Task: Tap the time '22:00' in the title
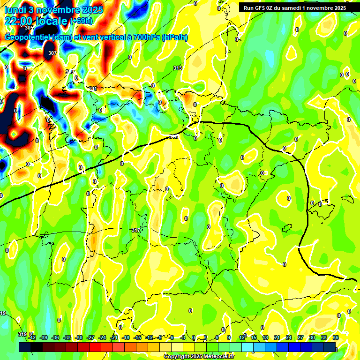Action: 20,21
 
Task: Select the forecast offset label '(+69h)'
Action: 82,21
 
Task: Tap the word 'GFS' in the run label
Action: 261,7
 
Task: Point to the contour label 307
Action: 52,53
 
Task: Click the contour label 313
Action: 177,68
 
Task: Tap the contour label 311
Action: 93,89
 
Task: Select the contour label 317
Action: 136,230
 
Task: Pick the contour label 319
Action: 22,334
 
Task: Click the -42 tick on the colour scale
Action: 32,337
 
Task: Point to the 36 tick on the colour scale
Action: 336,337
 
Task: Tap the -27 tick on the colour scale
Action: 90,337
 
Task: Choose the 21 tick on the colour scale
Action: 277,337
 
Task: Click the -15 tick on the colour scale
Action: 137,337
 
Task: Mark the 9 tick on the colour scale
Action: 229,337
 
